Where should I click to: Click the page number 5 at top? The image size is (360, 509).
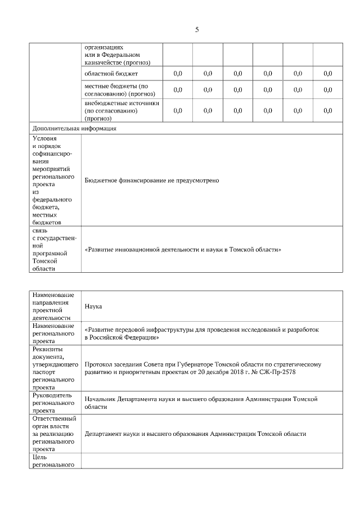[x=197, y=30]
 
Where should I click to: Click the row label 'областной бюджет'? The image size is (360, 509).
[x=111, y=74]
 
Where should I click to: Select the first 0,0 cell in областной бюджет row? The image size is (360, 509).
[x=178, y=74]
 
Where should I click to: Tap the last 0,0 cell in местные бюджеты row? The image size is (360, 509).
[x=327, y=89]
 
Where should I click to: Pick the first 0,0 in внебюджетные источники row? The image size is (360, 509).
[x=178, y=111]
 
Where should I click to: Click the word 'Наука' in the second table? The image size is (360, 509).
[x=93, y=307]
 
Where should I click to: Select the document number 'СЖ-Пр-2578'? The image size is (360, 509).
[x=279, y=372]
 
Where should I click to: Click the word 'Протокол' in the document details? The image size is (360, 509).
[x=100, y=364]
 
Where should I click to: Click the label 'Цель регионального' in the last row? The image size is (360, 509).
[x=53, y=461]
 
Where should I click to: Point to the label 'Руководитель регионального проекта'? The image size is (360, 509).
[x=54, y=403]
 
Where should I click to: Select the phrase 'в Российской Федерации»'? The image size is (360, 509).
[x=121, y=337]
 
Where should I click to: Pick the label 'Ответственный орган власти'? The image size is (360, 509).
[x=54, y=422]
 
